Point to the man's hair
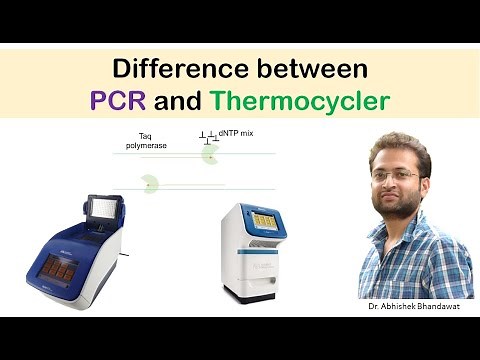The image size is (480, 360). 397,147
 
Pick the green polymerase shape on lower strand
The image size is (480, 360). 150,183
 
